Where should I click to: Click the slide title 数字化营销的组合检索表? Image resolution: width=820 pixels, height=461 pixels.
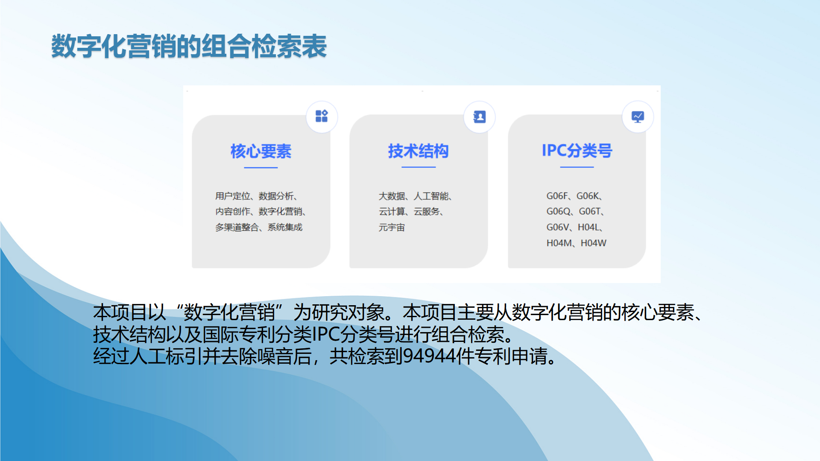point(189,46)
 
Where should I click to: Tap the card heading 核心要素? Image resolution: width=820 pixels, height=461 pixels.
point(261,151)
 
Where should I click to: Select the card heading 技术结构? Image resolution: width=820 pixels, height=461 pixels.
point(418,151)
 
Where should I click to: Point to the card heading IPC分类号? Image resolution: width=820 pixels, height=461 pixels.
point(577,151)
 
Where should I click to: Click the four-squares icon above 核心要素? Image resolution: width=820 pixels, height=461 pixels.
point(322,116)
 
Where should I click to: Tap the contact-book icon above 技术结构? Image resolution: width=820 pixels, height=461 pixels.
point(480,117)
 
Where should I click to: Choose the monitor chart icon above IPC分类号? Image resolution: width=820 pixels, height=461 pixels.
point(638,117)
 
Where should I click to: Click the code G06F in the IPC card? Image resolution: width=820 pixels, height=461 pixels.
point(557,196)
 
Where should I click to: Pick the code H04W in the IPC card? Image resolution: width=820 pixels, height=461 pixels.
point(593,243)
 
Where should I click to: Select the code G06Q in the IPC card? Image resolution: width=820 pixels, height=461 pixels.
point(559,211)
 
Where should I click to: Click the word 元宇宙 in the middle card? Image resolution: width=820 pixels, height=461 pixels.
point(392,228)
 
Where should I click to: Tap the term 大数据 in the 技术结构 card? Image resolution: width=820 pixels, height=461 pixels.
point(392,196)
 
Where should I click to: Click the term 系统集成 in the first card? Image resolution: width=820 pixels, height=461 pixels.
point(285,227)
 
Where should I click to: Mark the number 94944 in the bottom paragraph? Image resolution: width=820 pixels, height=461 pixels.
point(429,356)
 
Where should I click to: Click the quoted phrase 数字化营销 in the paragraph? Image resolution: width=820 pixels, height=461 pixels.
point(229,312)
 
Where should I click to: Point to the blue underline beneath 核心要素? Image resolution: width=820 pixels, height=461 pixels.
point(261,168)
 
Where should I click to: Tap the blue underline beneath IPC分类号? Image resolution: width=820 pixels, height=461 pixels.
point(577,167)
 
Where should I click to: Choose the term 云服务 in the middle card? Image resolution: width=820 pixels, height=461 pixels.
point(427,211)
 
